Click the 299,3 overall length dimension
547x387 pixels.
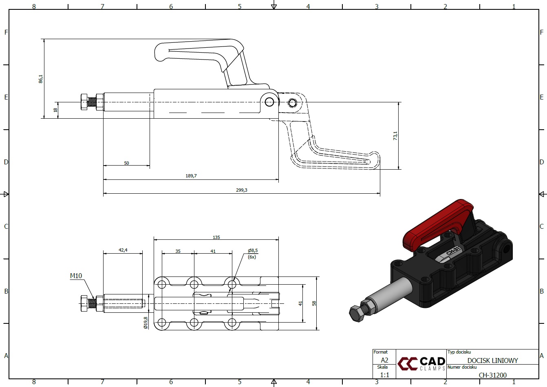click(242, 190)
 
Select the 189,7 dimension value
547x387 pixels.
click(191, 176)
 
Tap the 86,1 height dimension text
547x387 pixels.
click(40, 79)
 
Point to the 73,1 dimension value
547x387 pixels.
click(395, 136)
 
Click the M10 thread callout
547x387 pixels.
click(76, 276)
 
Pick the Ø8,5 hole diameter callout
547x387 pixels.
click(253, 250)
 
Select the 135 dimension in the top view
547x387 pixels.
click(216, 237)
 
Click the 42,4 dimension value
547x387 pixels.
click(123, 250)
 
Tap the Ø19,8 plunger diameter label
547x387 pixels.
click(146, 323)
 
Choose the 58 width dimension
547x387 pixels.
click(314, 303)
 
